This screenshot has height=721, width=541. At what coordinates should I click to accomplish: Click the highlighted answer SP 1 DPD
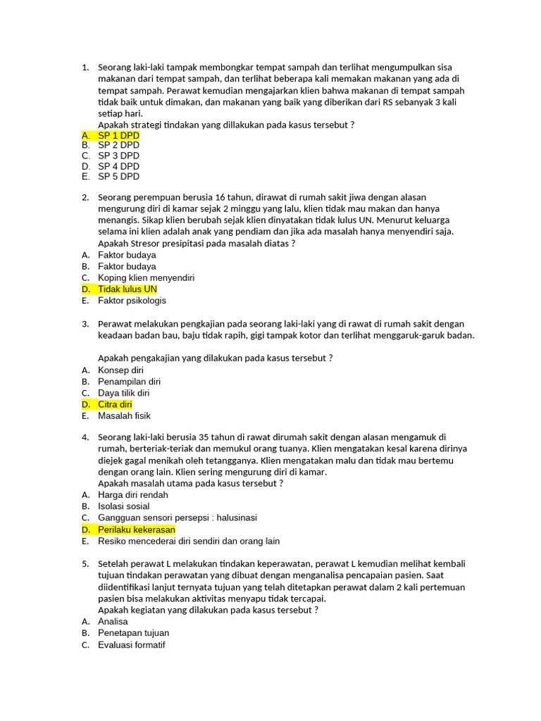click(x=118, y=134)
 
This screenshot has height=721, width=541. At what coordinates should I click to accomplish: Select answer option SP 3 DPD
click(x=118, y=156)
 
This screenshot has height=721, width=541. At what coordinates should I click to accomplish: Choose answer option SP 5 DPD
click(x=118, y=177)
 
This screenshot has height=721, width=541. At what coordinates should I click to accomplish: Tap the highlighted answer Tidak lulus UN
click(x=128, y=289)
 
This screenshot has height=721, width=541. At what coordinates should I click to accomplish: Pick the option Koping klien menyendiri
click(x=146, y=278)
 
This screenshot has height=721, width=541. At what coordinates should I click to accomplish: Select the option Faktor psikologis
click(x=132, y=301)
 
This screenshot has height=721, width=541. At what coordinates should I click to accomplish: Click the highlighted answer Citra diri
click(x=115, y=405)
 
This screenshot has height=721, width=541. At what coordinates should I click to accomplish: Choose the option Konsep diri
click(x=120, y=370)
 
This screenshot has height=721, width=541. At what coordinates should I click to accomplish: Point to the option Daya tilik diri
click(x=123, y=393)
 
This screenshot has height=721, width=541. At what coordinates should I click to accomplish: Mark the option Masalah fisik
click(x=124, y=416)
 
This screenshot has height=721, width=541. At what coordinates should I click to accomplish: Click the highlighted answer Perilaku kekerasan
click(x=137, y=529)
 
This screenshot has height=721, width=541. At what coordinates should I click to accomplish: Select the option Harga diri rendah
click(x=133, y=495)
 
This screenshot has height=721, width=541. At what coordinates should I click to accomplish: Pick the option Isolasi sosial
click(x=123, y=506)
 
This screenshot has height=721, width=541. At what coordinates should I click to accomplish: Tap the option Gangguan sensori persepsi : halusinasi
click(x=178, y=518)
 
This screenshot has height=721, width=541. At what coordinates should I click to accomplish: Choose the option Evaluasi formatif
click(x=132, y=645)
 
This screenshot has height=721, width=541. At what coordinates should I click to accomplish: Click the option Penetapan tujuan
click(x=133, y=633)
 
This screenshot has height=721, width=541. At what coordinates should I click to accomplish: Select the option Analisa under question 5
click(x=113, y=622)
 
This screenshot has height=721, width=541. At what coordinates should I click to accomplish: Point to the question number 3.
click(x=85, y=324)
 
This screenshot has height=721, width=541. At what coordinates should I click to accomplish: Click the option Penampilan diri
click(x=130, y=382)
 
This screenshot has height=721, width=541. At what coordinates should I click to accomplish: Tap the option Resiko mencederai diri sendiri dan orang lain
click(x=189, y=541)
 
